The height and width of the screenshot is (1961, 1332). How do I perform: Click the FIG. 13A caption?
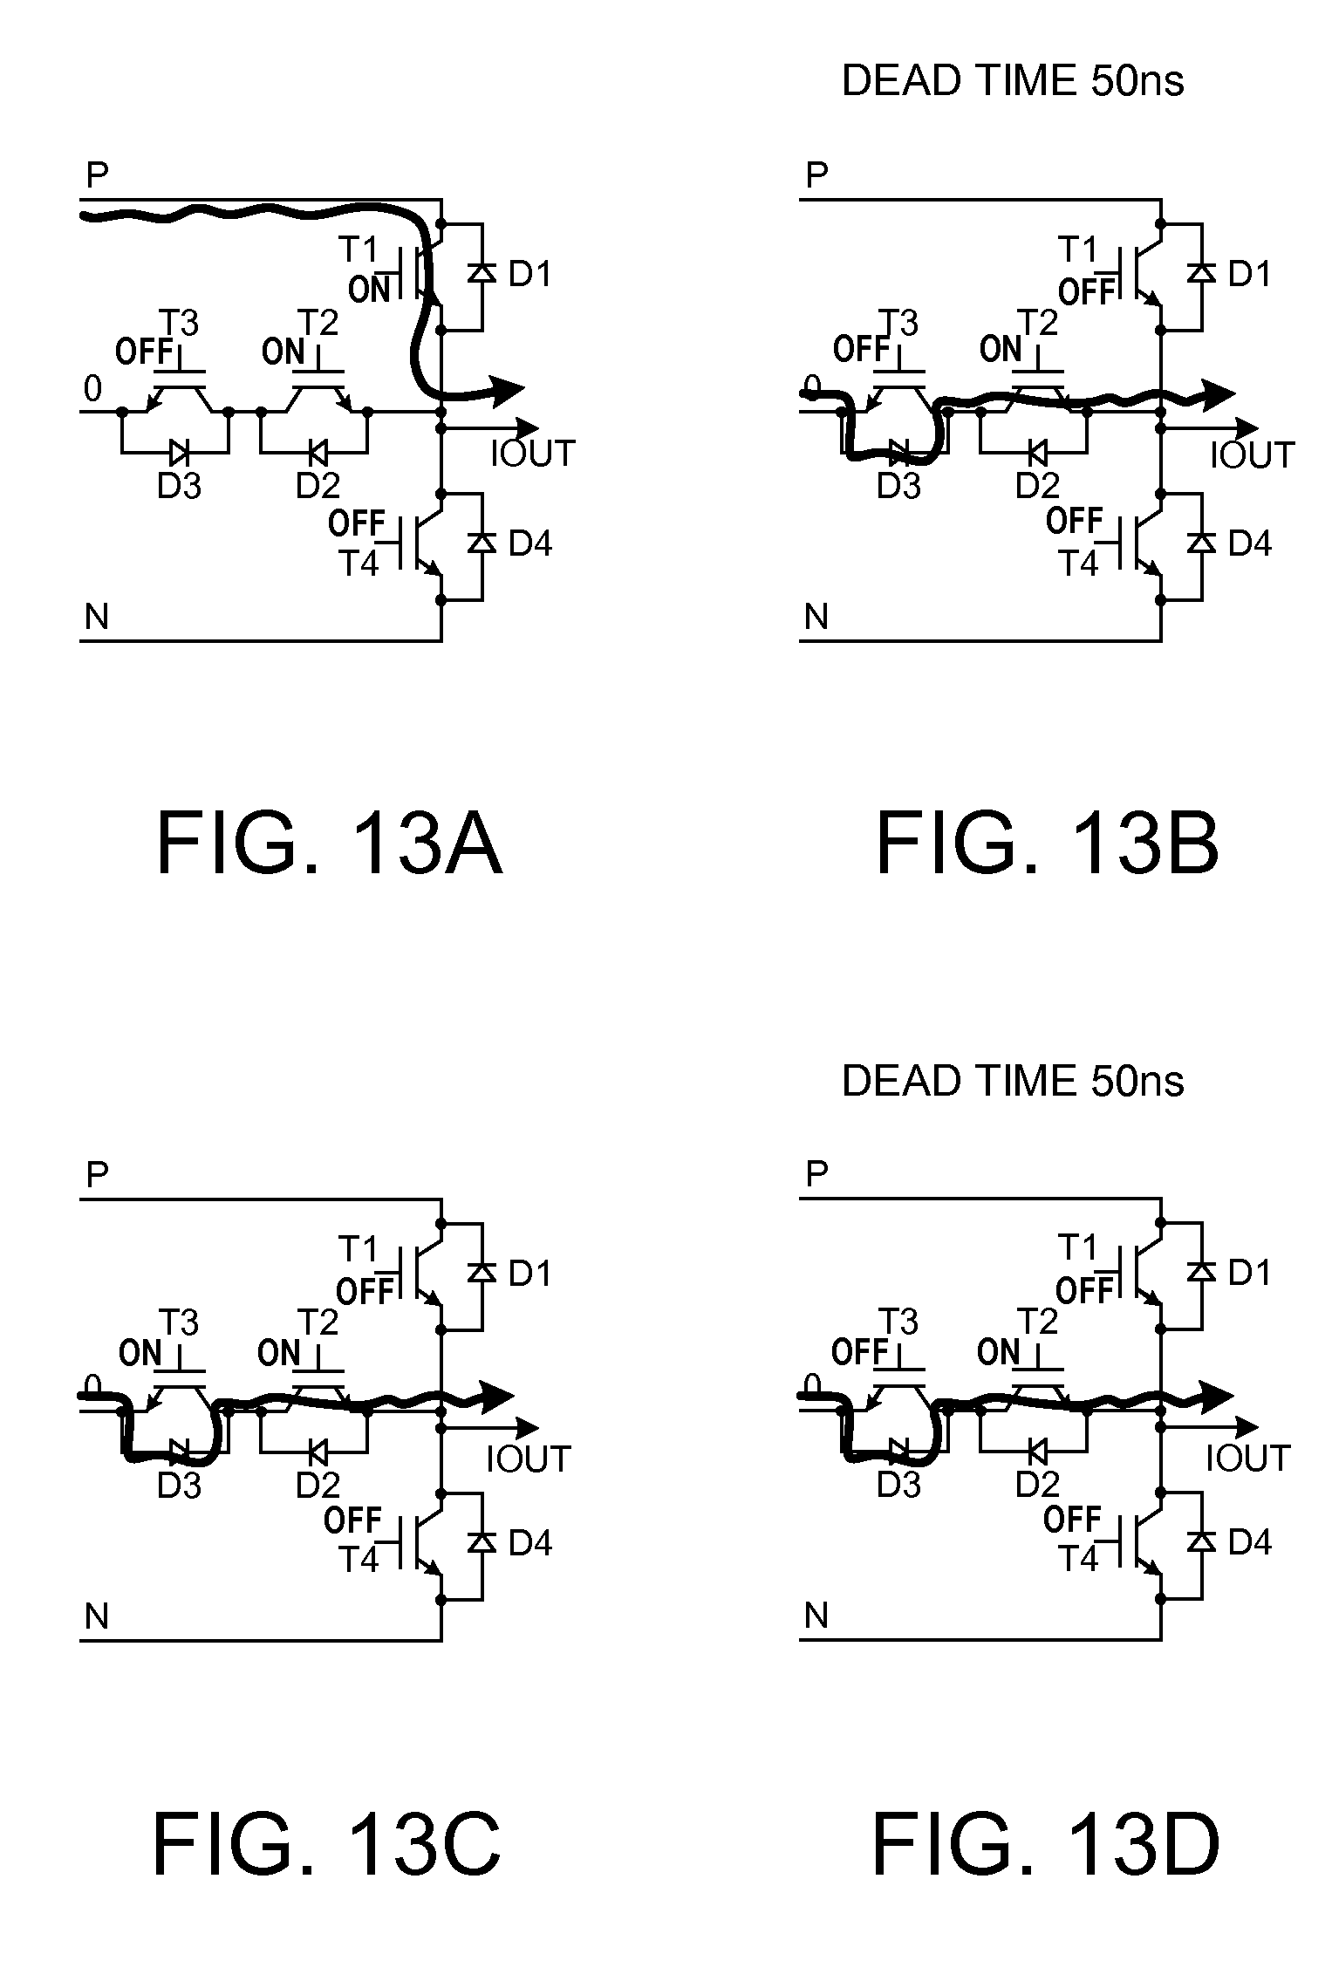(x=329, y=844)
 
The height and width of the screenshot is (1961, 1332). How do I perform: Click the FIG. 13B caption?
(x=1047, y=844)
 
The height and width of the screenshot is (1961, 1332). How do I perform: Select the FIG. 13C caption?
(x=327, y=1844)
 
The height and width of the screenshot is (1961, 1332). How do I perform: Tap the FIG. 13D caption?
(x=1046, y=1844)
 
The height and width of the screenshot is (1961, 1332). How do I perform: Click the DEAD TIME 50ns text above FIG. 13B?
(x=1013, y=81)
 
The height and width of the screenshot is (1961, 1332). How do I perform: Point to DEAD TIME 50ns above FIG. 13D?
(x=1013, y=1081)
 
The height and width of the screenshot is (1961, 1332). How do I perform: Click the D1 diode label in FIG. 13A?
(x=530, y=274)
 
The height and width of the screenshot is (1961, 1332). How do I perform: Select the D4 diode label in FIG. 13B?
(x=1250, y=543)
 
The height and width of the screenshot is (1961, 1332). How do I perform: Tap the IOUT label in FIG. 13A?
(x=532, y=454)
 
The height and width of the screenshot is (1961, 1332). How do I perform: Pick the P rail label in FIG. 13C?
(x=97, y=1175)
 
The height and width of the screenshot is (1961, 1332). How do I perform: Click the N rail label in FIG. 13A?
(x=97, y=618)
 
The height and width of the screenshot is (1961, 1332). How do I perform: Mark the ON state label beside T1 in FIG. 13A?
(x=369, y=289)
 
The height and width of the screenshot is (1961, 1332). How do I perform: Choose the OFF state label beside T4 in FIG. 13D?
(x=1072, y=1520)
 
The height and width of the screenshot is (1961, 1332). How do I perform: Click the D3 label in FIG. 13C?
(x=179, y=1485)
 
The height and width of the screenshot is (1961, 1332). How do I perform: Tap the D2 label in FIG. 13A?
(x=318, y=485)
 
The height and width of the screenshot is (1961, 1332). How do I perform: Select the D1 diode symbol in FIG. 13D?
(x=1201, y=1273)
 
